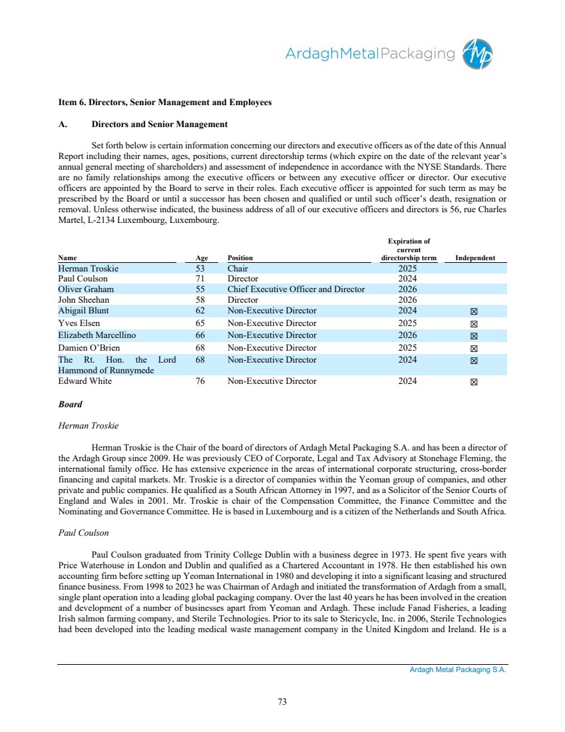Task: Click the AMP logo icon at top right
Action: point(479,54)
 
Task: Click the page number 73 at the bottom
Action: point(282,701)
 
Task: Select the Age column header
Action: point(202,258)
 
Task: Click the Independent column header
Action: point(474,258)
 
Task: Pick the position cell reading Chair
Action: point(238,269)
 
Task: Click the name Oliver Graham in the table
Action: point(86,289)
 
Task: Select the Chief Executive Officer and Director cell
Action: point(296,289)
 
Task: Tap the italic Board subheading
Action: point(70,405)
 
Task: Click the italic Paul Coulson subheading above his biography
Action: point(83,533)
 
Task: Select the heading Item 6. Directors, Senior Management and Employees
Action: point(165,102)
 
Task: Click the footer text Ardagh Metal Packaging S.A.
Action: point(458,670)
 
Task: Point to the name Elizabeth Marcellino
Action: point(97,335)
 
